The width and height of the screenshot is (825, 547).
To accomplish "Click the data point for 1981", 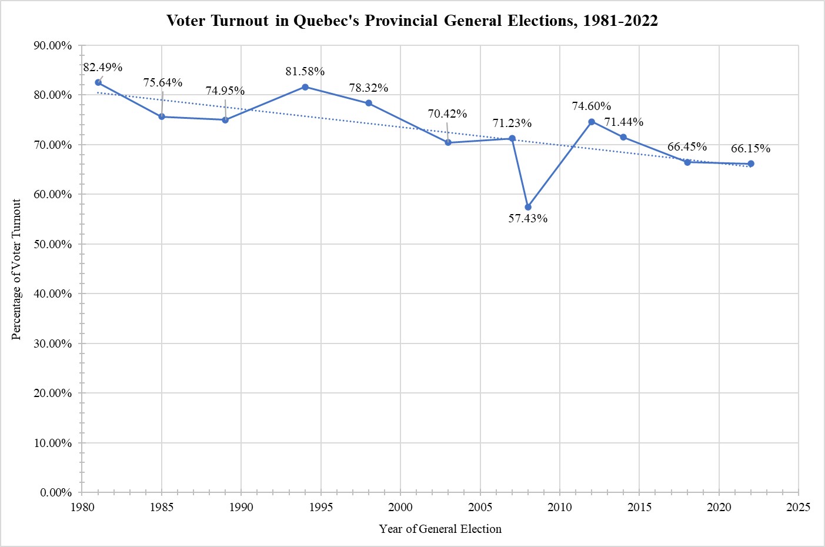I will (x=98, y=82).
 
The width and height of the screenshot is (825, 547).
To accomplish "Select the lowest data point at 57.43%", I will (x=528, y=207).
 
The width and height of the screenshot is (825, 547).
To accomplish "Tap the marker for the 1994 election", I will (x=305, y=87).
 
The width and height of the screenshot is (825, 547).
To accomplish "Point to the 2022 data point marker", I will (x=751, y=164).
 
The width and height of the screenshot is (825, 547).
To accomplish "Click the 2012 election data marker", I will (x=592, y=122).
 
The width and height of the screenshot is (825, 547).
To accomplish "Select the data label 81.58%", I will (x=305, y=71).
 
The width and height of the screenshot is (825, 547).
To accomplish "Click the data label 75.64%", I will (x=163, y=82).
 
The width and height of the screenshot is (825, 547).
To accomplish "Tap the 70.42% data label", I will (x=447, y=114).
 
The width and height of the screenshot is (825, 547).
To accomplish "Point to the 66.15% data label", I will (x=750, y=148).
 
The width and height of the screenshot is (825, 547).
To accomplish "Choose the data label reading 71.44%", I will (x=624, y=122).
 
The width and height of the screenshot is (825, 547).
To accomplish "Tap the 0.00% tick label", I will (x=56, y=492).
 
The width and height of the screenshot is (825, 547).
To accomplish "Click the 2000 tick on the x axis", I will (x=400, y=507).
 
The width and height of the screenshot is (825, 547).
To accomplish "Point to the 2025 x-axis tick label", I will (x=798, y=507).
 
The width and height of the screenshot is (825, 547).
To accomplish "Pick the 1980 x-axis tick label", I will (x=82, y=507).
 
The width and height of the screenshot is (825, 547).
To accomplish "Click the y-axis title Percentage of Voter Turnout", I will (x=16, y=269).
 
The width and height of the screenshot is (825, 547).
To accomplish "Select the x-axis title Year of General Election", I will (x=440, y=529).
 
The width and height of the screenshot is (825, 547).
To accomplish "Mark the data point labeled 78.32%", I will (x=369, y=103).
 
